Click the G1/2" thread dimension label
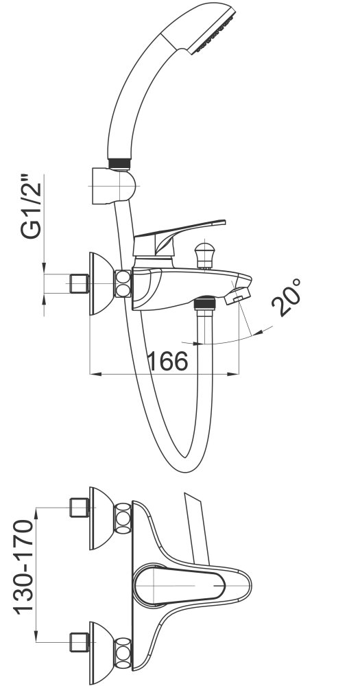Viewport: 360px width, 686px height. [31, 206]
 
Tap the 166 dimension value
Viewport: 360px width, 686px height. [168, 361]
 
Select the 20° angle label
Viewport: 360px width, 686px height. [287, 297]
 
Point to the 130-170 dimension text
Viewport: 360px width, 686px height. [24, 567]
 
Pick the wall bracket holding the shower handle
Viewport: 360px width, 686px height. [113, 186]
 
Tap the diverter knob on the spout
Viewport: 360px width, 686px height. [204, 255]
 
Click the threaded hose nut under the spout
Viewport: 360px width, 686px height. [204, 303]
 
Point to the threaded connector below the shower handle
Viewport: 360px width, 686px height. [119, 163]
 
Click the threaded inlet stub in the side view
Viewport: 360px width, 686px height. [79, 284]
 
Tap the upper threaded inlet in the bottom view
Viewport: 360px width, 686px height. [79, 508]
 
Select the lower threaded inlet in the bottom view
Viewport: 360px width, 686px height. [79, 642]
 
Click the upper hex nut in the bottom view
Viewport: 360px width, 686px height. [123, 519]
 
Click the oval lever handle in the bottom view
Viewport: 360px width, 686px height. [180, 585]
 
